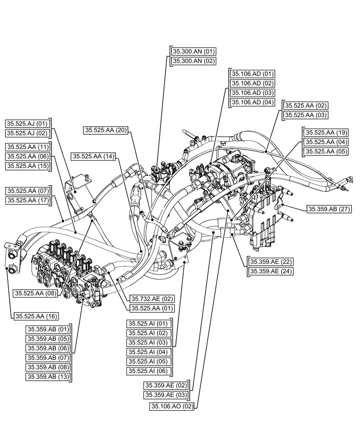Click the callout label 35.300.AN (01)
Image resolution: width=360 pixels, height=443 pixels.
[193, 52]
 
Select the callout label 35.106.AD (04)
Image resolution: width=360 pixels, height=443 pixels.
[252, 103]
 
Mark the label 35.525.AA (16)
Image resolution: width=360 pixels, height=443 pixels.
[36, 316]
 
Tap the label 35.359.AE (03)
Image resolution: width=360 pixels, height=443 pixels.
[166, 395]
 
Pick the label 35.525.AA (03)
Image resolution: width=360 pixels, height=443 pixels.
[305, 115]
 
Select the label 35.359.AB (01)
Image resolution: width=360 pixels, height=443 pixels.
[49, 329]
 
